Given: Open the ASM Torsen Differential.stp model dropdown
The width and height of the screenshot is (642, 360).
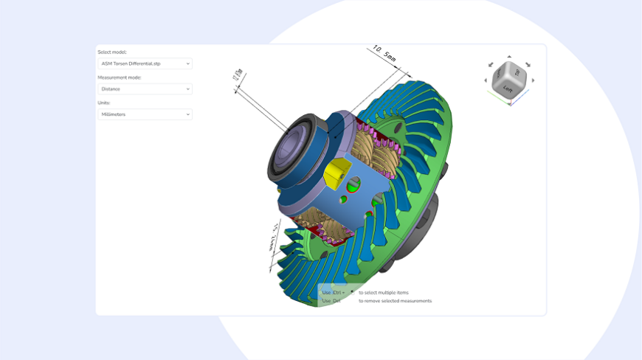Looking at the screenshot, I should [145, 64].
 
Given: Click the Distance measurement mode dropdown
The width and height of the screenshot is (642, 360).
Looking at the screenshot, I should [145, 89].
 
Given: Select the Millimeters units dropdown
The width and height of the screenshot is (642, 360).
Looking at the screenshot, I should [145, 114].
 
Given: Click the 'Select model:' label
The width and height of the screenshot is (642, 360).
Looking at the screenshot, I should [112, 52].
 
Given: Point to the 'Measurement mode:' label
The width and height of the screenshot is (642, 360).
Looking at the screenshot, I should [120, 77].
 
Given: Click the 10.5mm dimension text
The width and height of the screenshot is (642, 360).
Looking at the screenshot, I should [384, 54].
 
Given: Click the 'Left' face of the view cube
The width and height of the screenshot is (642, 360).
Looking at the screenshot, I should [508, 89].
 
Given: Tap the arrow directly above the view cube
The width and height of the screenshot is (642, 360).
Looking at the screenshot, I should [509, 57].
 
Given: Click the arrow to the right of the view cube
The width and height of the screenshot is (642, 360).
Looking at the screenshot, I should [534, 80].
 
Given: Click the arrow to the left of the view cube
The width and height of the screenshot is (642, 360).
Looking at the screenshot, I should [486, 80].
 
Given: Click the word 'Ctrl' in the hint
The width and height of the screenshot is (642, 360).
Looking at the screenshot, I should [338, 293].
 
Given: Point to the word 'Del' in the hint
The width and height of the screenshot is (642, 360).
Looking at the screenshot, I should [336, 301].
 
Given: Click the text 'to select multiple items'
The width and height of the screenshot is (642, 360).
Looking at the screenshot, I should [383, 293].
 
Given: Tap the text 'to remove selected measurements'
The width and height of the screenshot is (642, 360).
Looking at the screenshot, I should [395, 301].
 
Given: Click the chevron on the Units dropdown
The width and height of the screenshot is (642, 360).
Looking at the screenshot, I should [187, 114].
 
